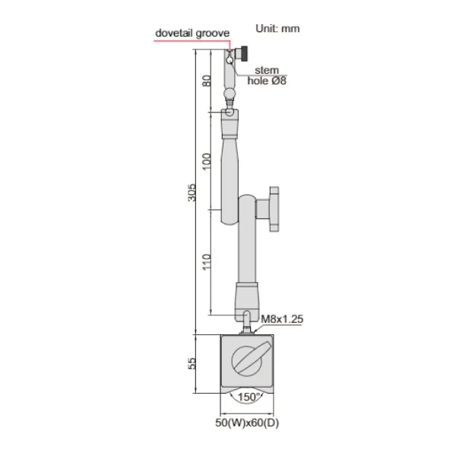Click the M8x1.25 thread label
point(282,320)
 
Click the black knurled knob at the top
point(249,55)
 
